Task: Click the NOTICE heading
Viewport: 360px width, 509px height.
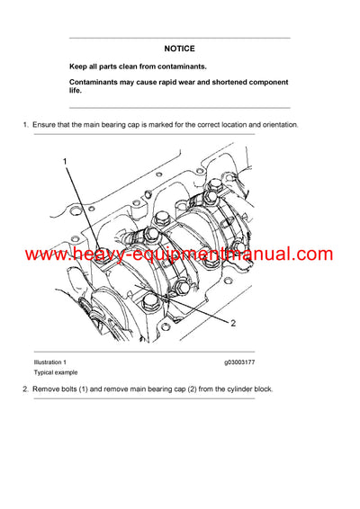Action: [179, 49]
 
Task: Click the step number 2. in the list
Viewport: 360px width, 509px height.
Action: [25, 388]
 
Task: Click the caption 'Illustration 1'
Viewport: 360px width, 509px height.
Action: [50, 362]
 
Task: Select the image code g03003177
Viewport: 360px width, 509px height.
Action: [239, 362]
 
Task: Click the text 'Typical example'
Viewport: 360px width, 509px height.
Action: [55, 372]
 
